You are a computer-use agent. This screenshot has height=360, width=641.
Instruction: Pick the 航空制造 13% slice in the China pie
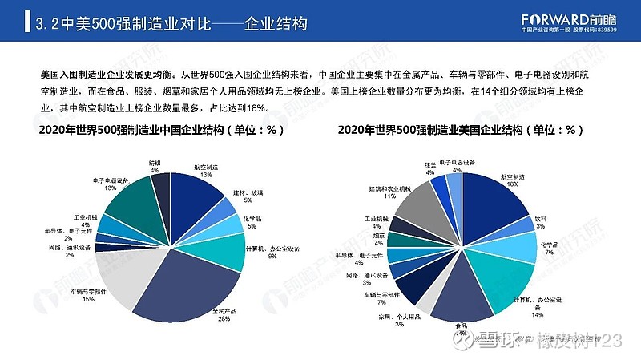[196, 200]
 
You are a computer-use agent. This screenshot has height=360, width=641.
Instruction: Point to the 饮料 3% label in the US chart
[542, 221]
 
